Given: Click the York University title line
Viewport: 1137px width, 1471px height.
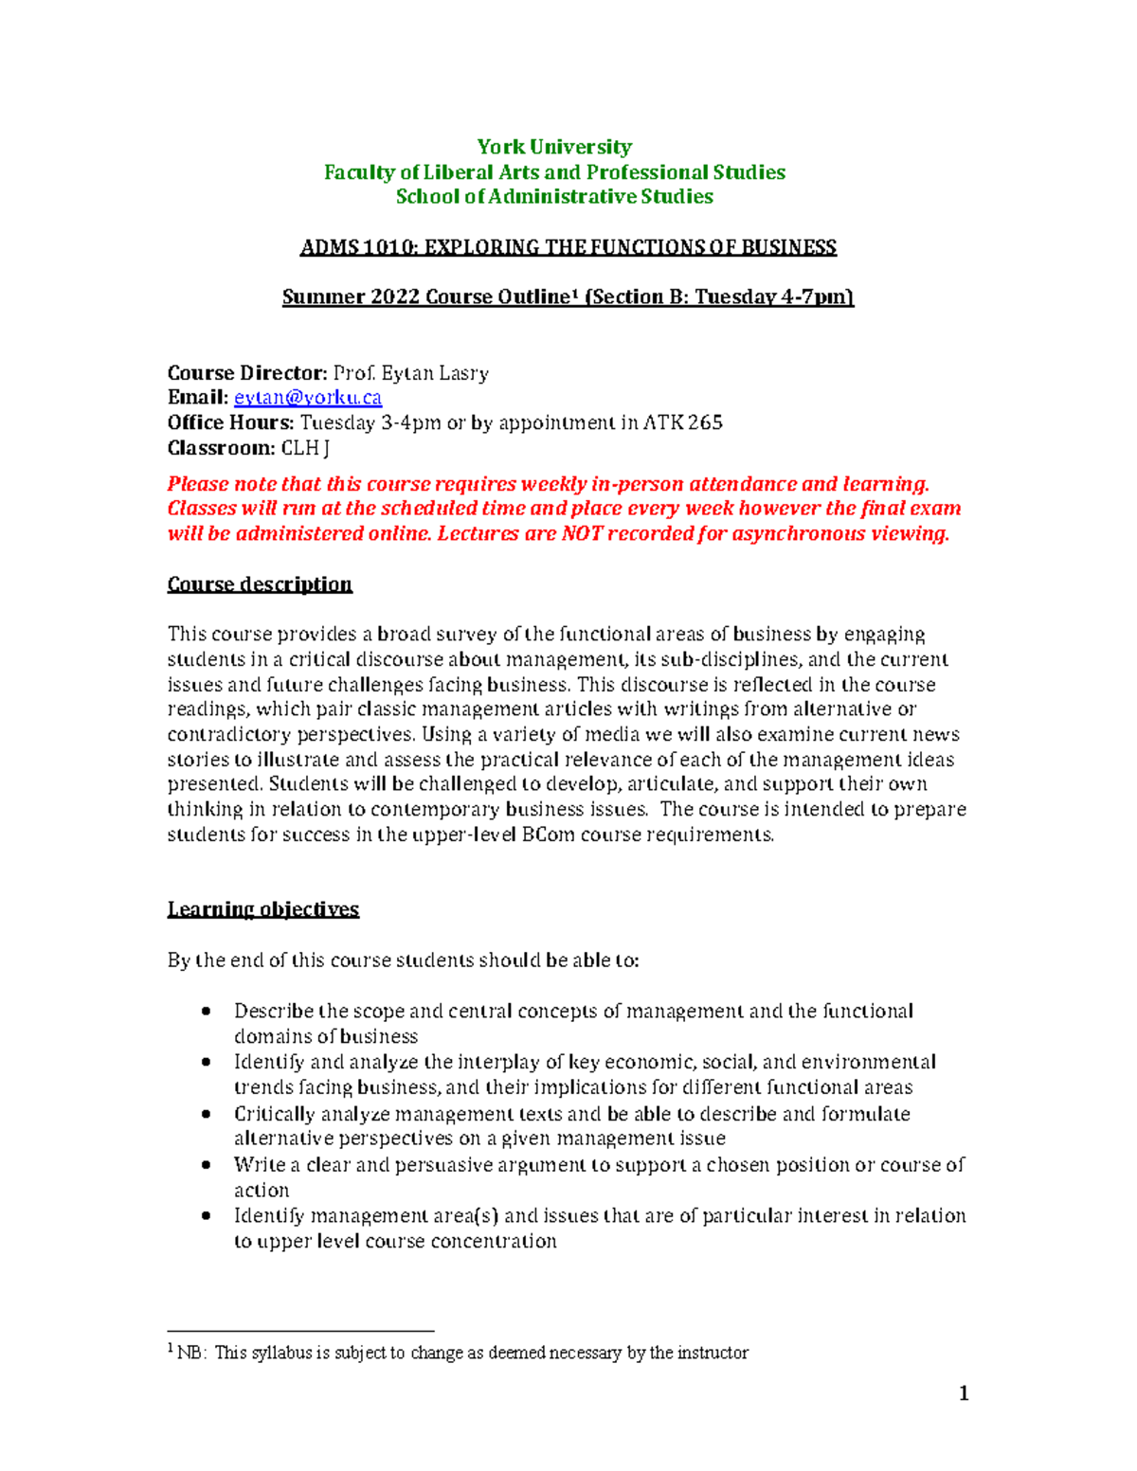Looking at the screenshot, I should [554, 147].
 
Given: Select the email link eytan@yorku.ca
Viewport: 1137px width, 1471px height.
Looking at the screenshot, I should [308, 398].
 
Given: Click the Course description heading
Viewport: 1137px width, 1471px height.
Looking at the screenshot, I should [260, 583].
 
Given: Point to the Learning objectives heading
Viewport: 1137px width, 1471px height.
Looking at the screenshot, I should [263, 909].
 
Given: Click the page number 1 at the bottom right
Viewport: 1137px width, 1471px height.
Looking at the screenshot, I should [964, 1393].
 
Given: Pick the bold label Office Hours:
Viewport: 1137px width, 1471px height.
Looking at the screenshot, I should [231, 422].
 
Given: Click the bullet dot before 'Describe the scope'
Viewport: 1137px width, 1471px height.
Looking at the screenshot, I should [207, 1012].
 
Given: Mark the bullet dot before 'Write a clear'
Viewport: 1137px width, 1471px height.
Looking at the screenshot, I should [207, 1165].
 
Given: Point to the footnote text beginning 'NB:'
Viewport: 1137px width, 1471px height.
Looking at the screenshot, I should [463, 1353].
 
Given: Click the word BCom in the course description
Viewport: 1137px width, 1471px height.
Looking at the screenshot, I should [549, 834].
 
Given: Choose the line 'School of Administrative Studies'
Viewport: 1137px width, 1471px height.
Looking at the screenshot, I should [554, 197].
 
